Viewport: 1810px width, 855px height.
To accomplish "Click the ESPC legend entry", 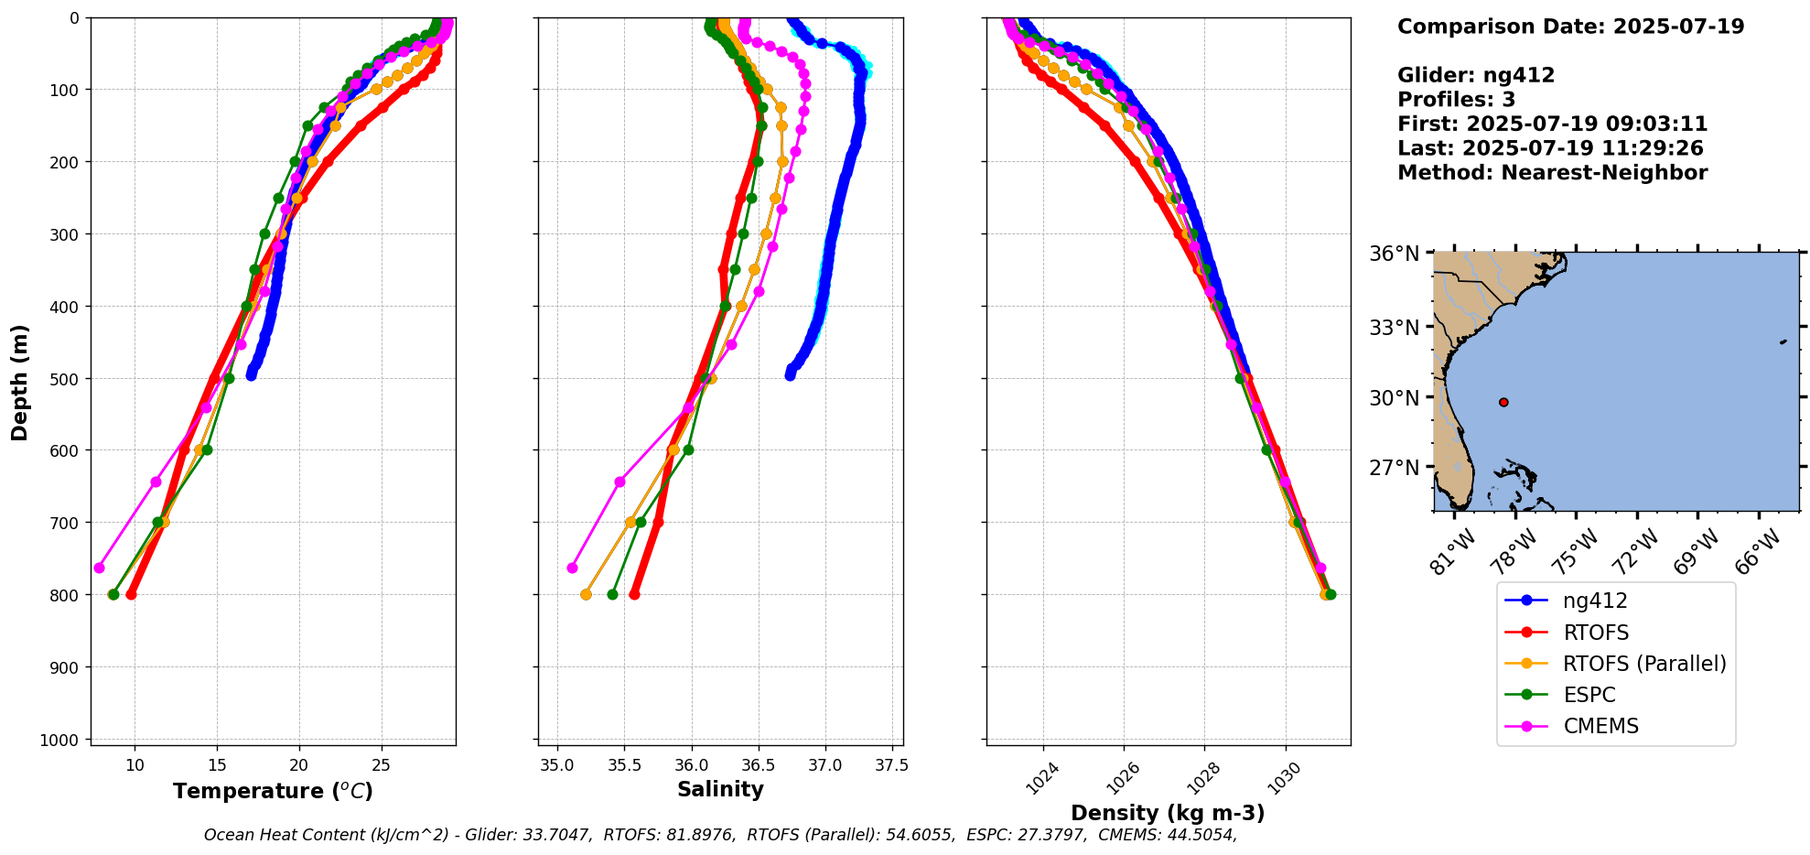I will pos(1589,695).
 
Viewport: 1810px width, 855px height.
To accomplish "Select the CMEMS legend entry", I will pos(1600,726).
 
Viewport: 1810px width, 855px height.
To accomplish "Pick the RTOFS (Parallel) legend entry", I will pos(1644,664).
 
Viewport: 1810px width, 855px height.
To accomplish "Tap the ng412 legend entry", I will pos(1595,601).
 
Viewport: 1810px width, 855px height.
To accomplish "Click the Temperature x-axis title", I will pos(273,791).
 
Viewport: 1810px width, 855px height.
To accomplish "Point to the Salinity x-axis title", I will pos(720,789).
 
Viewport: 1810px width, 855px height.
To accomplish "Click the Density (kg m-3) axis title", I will pos(1168,813).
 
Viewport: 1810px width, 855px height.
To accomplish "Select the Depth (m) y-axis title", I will pos(20,382).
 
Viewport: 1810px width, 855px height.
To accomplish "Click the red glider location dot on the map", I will pos(1503,402).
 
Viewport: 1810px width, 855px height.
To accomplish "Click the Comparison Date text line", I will pos(1570,27).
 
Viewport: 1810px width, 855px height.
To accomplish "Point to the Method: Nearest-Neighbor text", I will pos(1552,173).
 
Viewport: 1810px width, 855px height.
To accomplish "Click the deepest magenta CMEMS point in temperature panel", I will pos(99,568).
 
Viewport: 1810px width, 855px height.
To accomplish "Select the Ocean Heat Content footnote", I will pos(720,835).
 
